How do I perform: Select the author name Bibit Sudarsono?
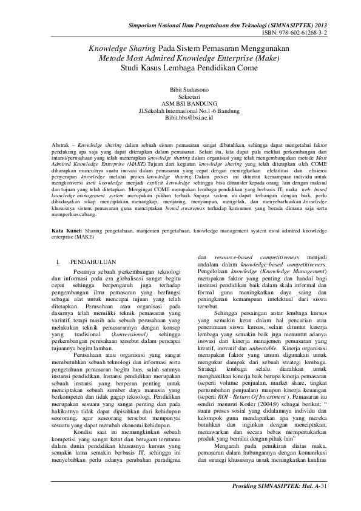point(180,89)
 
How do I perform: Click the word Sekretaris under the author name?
point(180,96)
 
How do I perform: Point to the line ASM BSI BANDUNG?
point(180,103)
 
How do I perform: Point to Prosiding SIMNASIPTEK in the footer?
point(266,503)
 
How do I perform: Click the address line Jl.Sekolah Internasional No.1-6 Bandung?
point(180,110)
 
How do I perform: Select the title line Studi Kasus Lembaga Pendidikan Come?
point(180,68)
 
